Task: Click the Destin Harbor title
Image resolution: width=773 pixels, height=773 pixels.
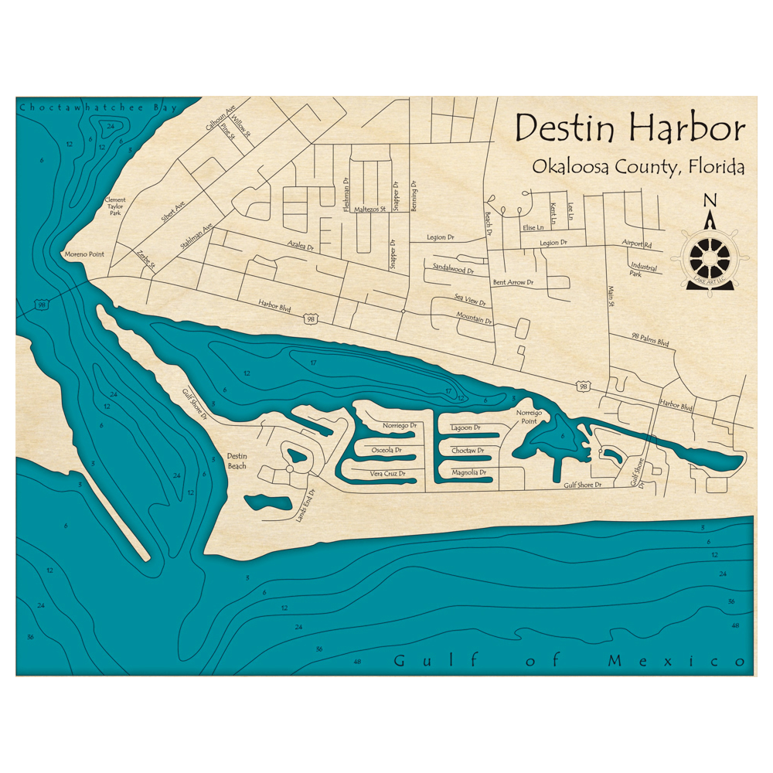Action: [630, 128]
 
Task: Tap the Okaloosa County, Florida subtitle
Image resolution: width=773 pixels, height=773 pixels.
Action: [638, 167]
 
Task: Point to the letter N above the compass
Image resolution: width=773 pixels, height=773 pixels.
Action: [710, 201]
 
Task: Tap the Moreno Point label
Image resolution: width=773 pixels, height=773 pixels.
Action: [83, 254]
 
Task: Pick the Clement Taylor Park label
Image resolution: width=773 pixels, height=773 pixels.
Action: [114, 206]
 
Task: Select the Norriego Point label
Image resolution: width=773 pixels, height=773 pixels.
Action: [530, 417]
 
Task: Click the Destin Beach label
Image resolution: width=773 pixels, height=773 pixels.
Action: [237, 461]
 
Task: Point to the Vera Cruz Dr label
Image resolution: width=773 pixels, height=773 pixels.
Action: [386, 473]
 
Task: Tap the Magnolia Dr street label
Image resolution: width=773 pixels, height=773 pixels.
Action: [468, 472]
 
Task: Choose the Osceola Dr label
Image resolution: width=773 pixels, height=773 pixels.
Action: [386, 449]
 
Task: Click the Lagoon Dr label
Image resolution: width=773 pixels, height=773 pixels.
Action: [466, 427]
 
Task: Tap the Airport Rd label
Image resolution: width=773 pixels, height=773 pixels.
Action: [637, 243]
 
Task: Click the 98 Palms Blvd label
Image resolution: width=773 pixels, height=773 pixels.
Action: [649, 340]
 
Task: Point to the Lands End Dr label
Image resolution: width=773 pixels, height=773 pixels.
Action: [304, 506]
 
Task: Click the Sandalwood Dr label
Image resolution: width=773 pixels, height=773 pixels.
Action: [449, 268]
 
